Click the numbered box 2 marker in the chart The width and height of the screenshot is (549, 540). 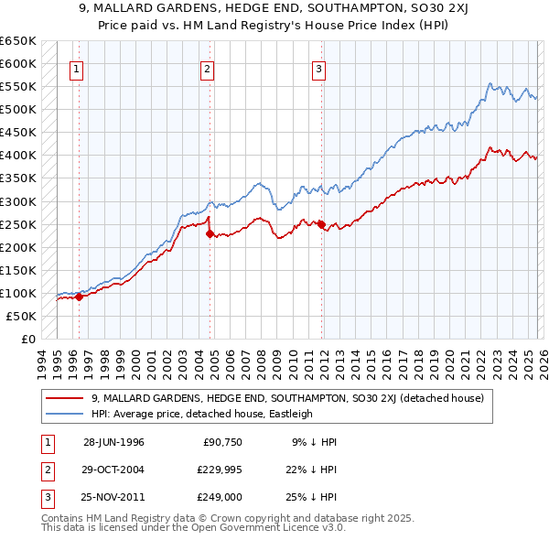pos(208,69)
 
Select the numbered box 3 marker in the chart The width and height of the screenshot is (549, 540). pos(319,69)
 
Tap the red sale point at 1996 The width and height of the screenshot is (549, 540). pos(80,297)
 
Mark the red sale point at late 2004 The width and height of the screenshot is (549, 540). pos(210,233)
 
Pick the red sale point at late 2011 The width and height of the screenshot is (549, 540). pos(321,224)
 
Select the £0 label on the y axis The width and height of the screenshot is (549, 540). pos(27,339)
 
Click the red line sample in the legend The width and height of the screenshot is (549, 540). pos(65,398)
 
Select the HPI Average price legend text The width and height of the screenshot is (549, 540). pos(202,414)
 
